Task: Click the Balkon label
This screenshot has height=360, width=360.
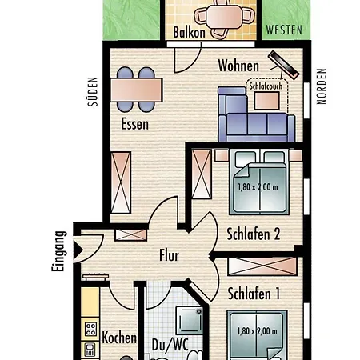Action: tap(189, 32)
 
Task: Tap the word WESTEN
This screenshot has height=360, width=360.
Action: tap(284, 30)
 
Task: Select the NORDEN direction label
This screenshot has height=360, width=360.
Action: tap(322, 86)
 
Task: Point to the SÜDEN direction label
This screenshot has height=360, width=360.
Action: tap(93, 92)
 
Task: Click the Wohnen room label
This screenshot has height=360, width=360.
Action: tap(238, 66)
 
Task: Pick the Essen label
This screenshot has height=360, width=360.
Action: tap(134, 124)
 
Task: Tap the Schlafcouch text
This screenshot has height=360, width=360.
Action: tap(266, 86)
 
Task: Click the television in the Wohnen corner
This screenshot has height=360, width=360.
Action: tap(284, 66)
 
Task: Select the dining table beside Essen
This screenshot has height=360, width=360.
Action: tap(137, 90)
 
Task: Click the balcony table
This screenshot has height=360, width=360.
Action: tap(224, 17)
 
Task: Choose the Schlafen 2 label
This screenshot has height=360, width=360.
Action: tap(254, 234)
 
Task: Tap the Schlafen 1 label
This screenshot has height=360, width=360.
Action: tap(254, 294)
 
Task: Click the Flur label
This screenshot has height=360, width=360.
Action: tap(169, 255)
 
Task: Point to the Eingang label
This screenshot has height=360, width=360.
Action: tap(58, 251)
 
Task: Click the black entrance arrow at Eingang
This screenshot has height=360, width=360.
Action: tap(78, 250)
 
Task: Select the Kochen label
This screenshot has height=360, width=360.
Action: tap(119, 338)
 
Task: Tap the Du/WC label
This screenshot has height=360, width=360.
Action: tap(170, 345)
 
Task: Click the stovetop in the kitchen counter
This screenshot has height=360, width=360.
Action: tap(90, 329)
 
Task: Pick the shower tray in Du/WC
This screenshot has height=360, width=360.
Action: tap(190, 321)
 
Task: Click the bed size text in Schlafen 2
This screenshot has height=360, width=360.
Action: tap(258, 187)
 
